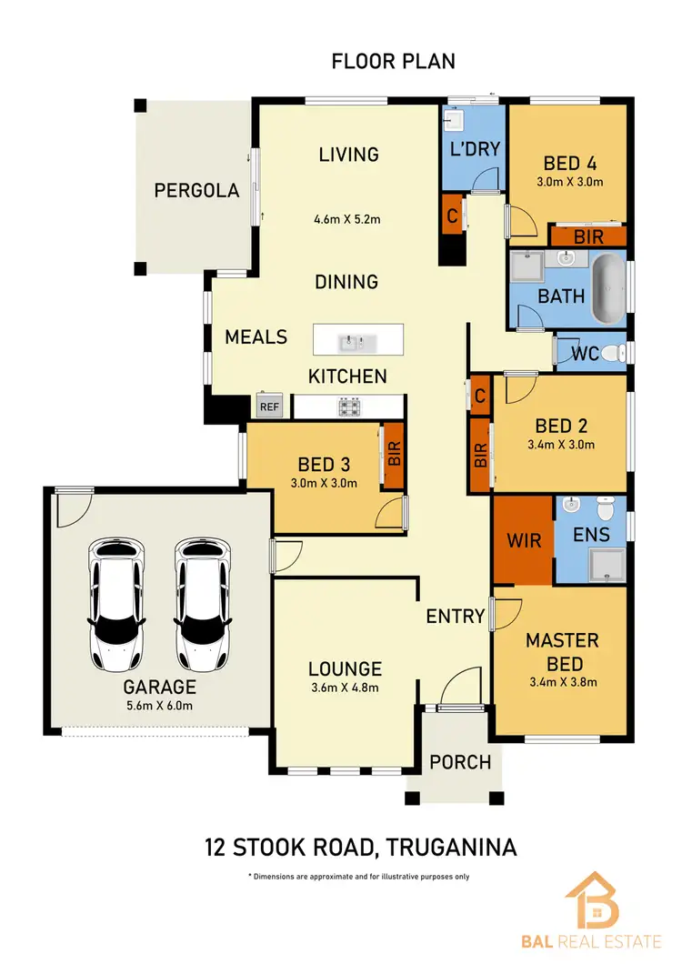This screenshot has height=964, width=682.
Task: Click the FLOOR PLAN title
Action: [393, 62]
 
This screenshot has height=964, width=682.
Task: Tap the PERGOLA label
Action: [196, 191]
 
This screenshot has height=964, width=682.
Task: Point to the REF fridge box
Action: [269, 407]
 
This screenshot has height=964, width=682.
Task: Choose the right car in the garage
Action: [201, 602]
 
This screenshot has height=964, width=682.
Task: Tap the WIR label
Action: [524, 541]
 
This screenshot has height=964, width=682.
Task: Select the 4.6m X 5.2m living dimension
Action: [347, 219]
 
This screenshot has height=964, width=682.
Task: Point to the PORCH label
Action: [460, 762]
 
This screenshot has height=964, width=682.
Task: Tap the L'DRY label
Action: [476, 147]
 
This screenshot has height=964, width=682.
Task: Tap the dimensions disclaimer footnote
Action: [358, 877]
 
